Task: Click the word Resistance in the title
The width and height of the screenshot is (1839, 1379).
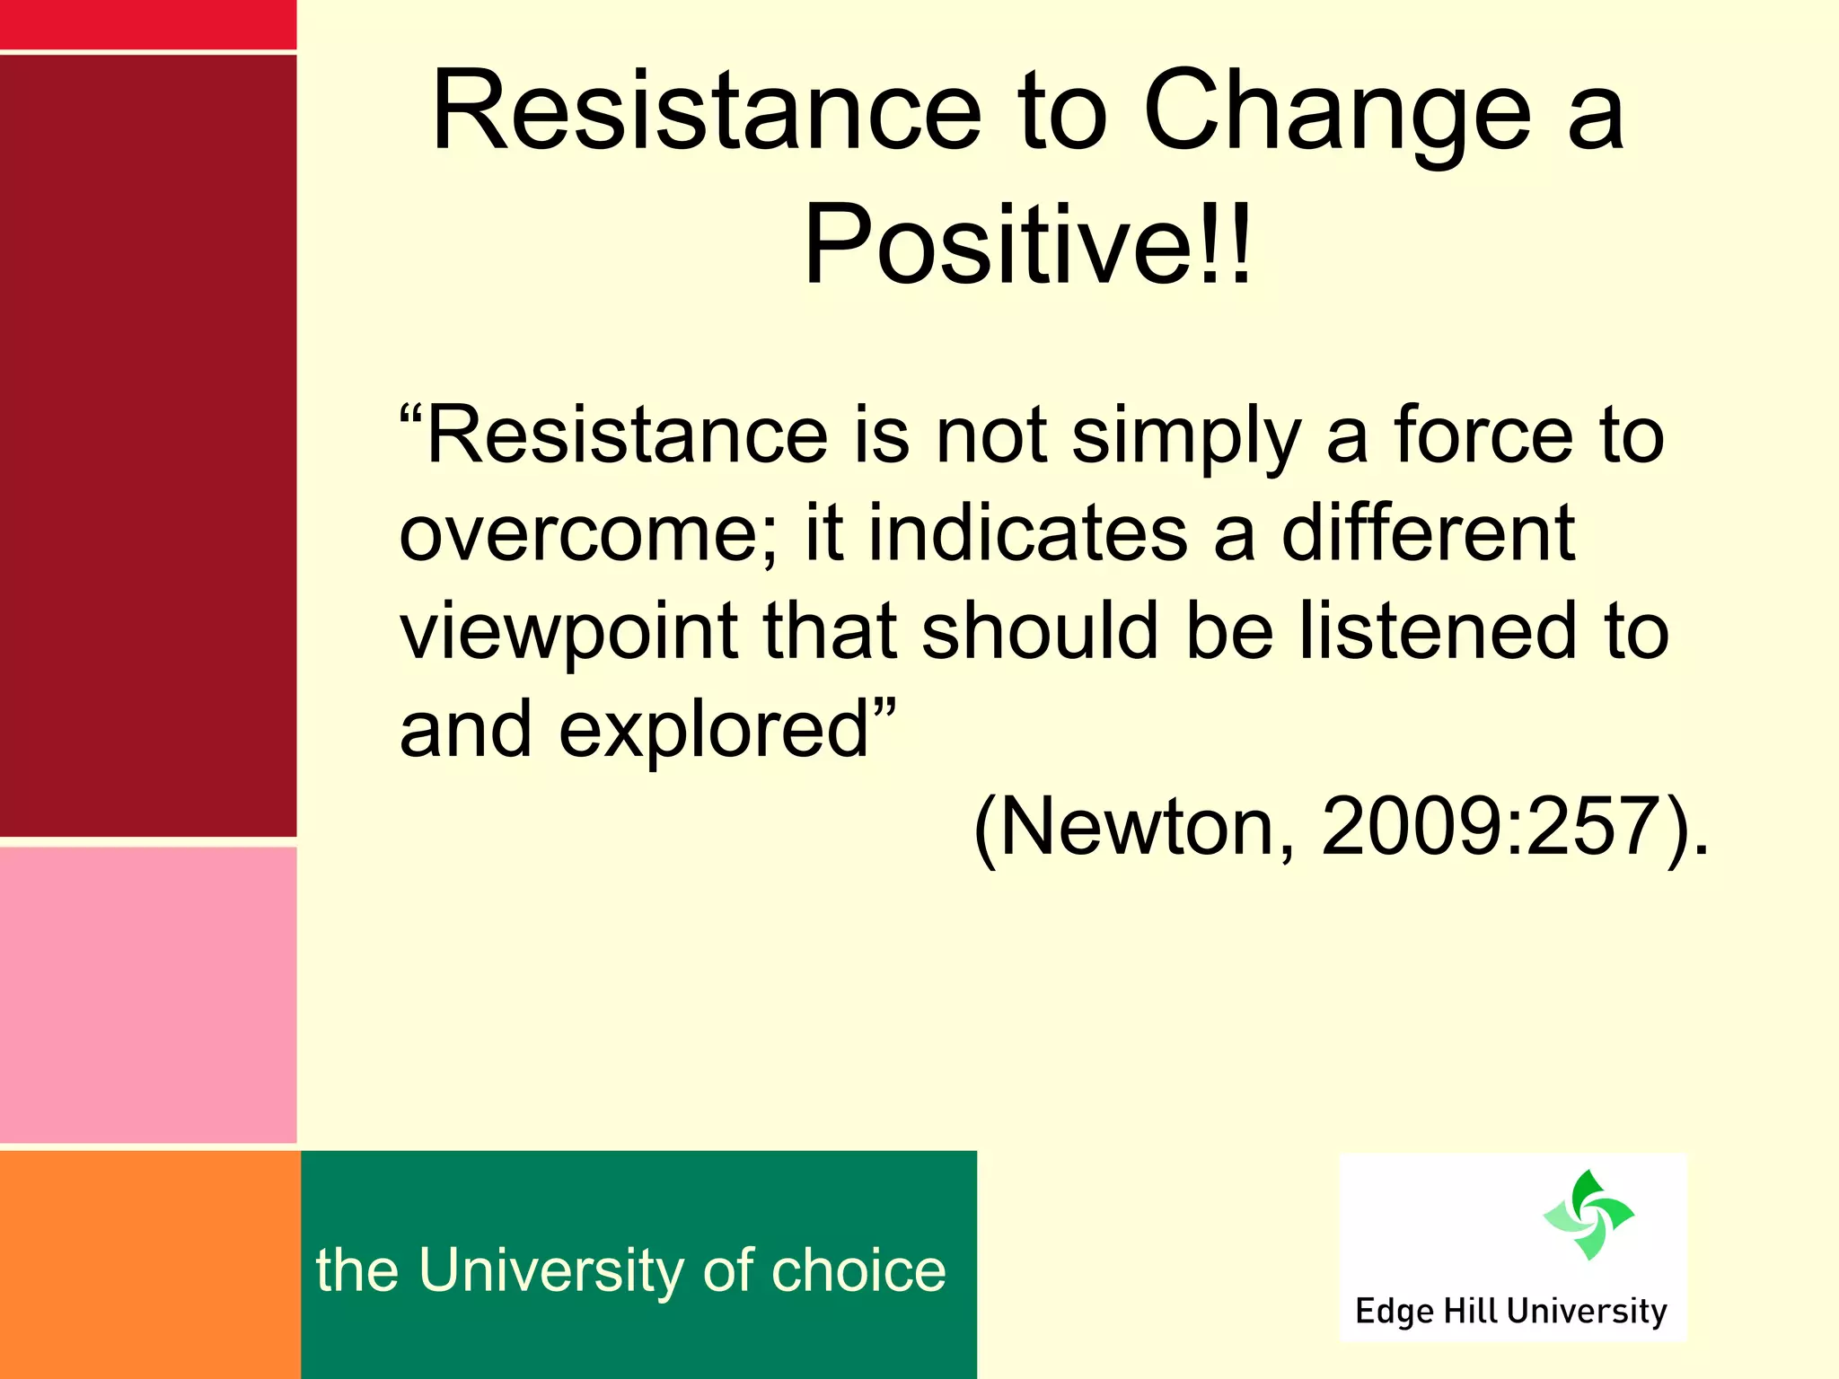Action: point(707,113)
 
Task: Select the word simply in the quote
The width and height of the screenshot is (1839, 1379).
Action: point(1186,438)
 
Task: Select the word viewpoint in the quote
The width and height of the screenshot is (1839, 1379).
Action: point(568,633)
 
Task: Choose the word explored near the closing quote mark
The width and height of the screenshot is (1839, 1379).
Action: point(715,729)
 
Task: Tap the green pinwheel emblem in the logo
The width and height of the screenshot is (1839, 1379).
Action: point(1588,1214)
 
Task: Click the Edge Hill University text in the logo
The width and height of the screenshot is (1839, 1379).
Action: point(1510,1311)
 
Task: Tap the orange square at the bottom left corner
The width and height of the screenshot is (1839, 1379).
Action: point(149,1264)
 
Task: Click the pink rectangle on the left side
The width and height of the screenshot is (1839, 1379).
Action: point(148,995)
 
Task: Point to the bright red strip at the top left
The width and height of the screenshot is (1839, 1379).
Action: point(148,23)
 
